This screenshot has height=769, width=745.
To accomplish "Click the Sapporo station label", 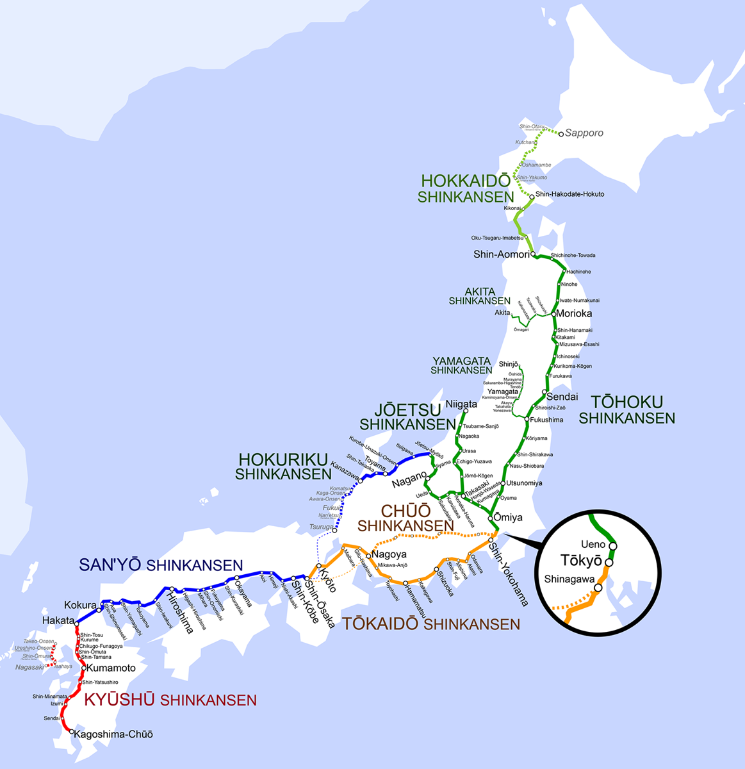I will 584,133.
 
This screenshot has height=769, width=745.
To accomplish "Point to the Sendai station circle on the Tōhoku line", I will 544,392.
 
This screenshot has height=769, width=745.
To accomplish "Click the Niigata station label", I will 461,404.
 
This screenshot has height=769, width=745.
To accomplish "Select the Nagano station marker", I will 427,477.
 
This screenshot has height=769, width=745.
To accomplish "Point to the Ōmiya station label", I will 509,517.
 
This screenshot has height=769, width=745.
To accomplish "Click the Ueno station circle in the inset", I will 613,546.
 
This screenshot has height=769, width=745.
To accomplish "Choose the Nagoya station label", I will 389,554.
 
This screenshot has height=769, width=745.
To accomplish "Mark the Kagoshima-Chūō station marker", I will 71,733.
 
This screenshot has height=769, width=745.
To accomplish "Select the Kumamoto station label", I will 111,668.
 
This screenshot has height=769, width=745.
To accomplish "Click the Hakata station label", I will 58,620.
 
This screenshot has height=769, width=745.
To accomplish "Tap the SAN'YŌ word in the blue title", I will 111,565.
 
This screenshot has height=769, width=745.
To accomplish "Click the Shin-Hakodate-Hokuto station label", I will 570,194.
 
